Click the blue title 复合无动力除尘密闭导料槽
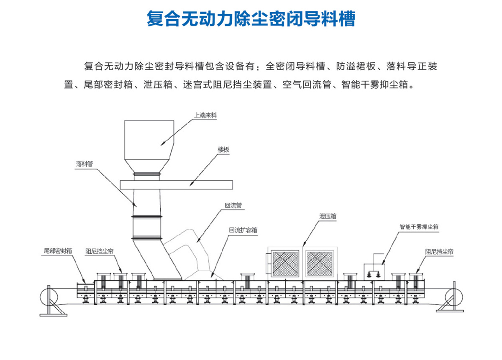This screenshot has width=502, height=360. point(251,19)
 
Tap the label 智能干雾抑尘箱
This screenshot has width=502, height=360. point(419,227)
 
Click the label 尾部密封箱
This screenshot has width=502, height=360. point(58,251)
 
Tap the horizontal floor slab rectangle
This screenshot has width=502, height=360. point(176,184)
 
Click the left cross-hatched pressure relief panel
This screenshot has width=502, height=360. point(286,263)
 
